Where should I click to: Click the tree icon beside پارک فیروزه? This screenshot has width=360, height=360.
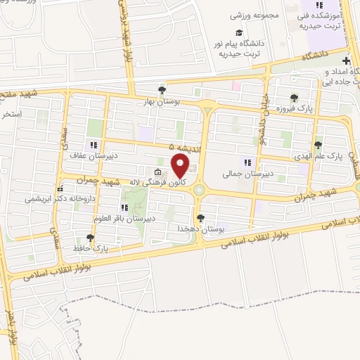click(293, 99)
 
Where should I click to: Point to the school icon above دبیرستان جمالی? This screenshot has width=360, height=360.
click(247, 162)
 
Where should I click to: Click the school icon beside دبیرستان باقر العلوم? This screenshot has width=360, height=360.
click(124, 208)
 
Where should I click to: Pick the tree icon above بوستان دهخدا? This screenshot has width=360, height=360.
click(201, 218)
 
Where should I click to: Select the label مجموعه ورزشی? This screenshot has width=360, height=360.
click(262, 15)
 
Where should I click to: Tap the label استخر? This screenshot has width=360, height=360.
click(12, 113)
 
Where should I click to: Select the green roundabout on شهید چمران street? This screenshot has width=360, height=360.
click(200, 188)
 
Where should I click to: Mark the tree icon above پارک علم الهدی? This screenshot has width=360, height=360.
click(318, 146)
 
